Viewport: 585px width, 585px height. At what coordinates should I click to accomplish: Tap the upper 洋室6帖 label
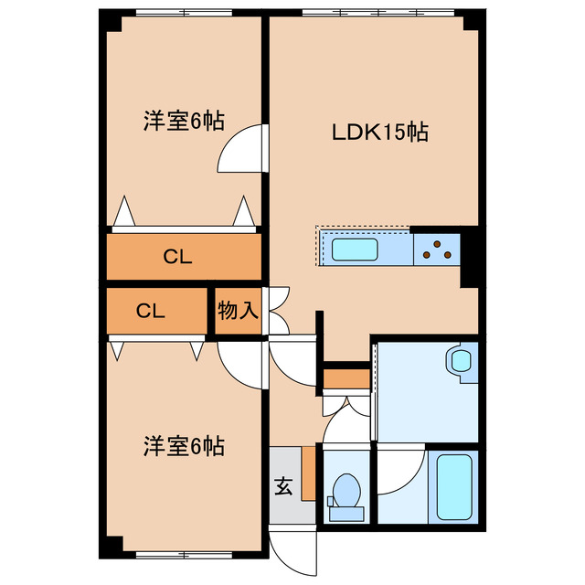coord(184,121)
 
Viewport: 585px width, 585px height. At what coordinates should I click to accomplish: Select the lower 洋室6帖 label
coord(184,447)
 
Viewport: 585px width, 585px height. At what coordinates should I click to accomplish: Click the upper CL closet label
coord(177,258)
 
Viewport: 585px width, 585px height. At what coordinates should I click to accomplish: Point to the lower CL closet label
coord(150,311)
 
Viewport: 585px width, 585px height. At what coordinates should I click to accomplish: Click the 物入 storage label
coord(238,311)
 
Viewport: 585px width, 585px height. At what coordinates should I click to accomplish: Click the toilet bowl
coord(346,491)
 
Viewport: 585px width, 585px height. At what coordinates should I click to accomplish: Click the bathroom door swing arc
coord(402,471)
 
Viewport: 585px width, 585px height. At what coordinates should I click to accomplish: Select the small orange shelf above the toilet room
coord(346,378)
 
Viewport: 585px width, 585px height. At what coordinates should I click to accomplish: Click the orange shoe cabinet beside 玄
coord(308,473)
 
